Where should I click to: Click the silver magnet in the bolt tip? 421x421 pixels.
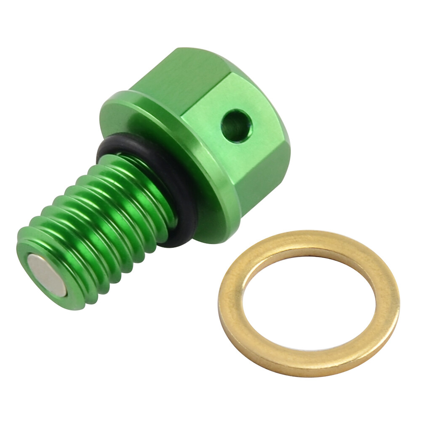(48, 275)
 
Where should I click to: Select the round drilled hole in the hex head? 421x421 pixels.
(237, 125)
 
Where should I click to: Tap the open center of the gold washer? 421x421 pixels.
(309, 303)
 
